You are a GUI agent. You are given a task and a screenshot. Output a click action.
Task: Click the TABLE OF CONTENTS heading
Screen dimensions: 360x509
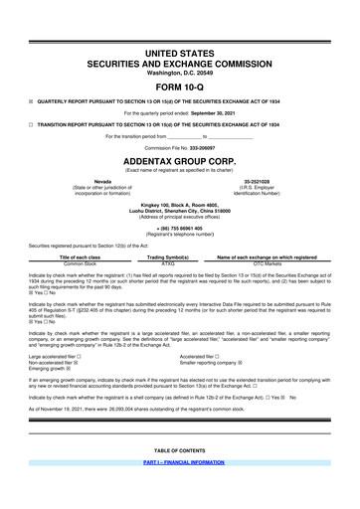coord(180,477)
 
